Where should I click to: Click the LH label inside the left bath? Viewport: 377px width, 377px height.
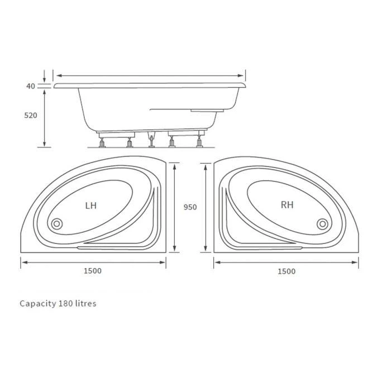pyautogui.click(x=90, y=206)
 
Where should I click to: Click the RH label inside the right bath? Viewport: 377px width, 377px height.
pyautogui.click(x=287, y=205)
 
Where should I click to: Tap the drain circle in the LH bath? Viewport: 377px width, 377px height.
pyautogui.click(x=56, y=225)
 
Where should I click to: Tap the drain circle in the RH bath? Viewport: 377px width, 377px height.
pyautogui.click(x=322, y=224)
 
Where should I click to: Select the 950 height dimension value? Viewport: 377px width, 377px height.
pyautogui.click(x=190, y=207)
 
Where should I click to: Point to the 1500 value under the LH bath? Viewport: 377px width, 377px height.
pyautogui.click(x=93, y=271)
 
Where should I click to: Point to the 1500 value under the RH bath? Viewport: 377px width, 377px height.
pyautogui.click(x=286, y=271)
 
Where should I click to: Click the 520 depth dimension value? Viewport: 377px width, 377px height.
pyautogui.click(x=31, y=116)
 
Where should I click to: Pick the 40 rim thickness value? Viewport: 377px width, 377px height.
pyautogui.click(x=30, y=86)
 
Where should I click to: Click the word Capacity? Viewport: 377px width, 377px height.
pyautogui.click(x=37, y=304)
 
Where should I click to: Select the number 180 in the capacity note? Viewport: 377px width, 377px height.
pyautogui.click(x=65, y=304)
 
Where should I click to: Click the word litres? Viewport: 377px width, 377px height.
pyautogui.click(x=85, y=304)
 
